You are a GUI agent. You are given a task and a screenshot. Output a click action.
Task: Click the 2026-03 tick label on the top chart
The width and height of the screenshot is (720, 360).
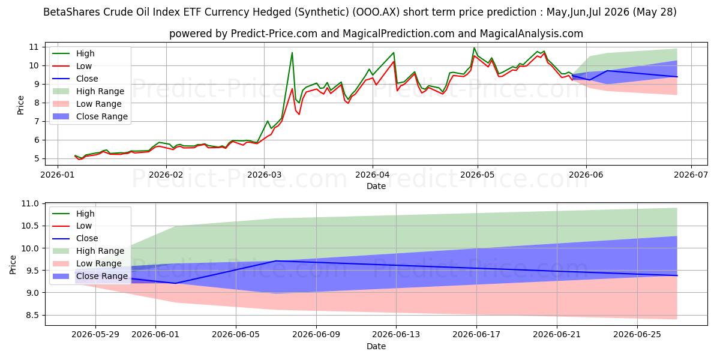point(264,175)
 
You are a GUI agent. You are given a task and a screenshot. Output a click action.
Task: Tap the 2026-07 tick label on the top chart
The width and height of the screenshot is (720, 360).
point(691,175)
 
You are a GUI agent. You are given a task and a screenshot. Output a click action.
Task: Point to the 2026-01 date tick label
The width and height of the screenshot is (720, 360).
point(58,175)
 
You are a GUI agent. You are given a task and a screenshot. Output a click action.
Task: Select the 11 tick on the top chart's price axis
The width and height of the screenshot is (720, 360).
point(34,47)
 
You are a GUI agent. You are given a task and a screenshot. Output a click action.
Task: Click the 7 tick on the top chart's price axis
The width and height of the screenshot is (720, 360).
point(36,121)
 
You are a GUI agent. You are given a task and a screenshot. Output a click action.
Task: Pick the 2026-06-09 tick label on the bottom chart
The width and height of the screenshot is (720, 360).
point(316,335)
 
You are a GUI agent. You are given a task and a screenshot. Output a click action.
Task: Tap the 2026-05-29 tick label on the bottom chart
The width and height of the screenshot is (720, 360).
point(95,335)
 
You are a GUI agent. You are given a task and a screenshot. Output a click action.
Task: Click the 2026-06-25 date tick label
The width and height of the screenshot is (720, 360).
point(637,335)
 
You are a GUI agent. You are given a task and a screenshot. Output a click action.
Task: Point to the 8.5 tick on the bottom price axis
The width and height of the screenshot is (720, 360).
point(32,316)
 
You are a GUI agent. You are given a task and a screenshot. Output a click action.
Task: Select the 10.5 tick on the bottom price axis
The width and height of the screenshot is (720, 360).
point(30,226)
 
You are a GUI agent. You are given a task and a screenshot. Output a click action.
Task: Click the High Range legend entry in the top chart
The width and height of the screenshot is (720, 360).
point(88,91)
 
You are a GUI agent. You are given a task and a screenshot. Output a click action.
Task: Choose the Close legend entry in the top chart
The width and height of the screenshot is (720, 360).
point(75,79)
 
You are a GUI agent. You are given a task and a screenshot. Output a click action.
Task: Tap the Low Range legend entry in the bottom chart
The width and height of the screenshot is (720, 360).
point(87,263)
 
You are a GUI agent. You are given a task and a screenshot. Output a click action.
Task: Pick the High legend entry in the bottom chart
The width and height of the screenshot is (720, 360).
point(74,214)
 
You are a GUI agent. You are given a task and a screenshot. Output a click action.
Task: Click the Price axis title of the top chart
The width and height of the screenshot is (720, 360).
point(20,105)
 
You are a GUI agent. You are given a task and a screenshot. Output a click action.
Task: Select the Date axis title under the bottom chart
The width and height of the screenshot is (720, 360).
point(376,346)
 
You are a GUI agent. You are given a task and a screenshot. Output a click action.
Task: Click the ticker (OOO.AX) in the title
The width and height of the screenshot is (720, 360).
point(376,12)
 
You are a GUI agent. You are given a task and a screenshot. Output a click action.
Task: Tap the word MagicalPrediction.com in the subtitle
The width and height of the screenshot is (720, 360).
point(398,34)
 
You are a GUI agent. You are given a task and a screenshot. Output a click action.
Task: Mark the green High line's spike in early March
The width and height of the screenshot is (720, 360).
point(292,52)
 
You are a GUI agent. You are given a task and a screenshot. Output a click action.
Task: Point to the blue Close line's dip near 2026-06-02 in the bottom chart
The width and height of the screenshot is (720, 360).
point(175,283)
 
